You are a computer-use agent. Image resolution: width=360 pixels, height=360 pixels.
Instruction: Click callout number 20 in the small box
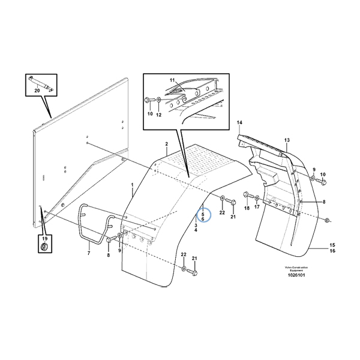[37, 91]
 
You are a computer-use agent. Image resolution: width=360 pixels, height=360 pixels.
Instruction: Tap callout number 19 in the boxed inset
[44, 239]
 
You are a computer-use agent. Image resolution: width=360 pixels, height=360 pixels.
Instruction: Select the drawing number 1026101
[296, 275]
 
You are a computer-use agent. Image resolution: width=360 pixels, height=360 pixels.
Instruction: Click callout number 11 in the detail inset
[172, 80]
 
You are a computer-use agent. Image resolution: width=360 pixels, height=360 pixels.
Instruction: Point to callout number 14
[239, 122]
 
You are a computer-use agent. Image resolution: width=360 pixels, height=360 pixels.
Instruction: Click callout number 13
[287, 140]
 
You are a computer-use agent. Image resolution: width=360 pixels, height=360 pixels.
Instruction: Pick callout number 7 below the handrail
[89, 253]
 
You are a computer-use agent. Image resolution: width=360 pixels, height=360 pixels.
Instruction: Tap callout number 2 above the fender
[166, 144]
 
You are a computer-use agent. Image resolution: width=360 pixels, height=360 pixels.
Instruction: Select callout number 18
[247, 208]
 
